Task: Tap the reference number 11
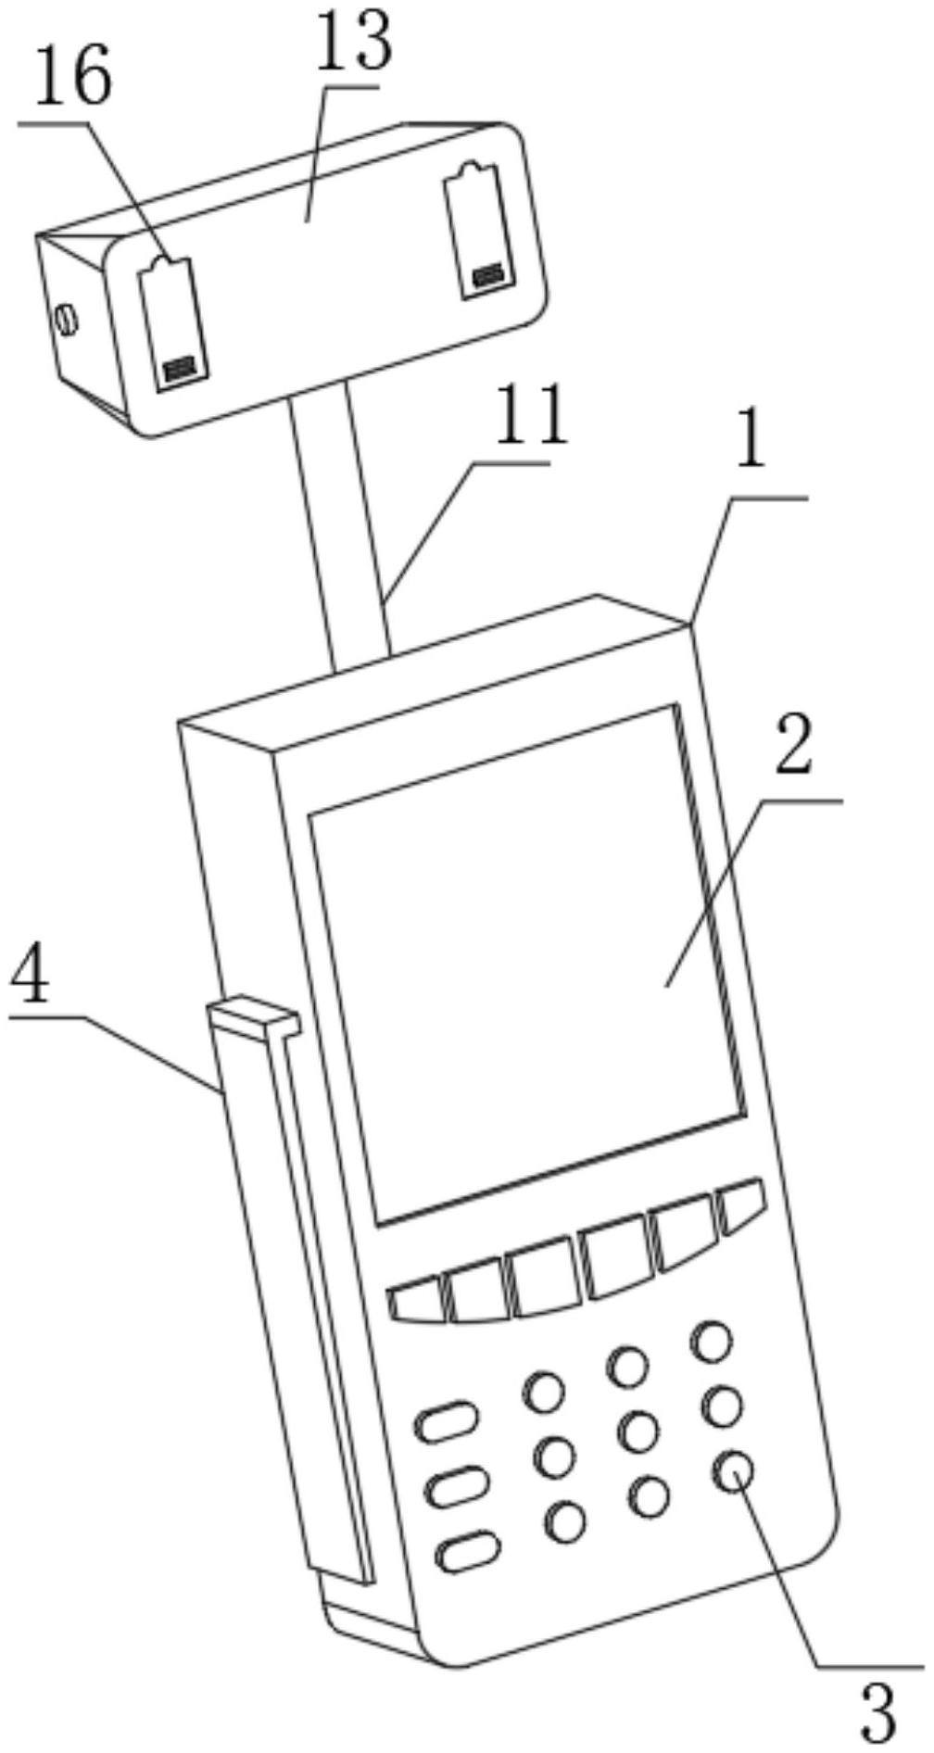point(530,416)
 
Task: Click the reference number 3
point(878,1712)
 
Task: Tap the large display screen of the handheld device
point(528,964)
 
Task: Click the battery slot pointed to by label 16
point(173,323)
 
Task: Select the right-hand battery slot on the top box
point(477,231)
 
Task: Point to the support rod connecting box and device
point(341,524)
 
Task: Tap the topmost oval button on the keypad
point(448,1421)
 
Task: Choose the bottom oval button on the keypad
point(468,1552)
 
